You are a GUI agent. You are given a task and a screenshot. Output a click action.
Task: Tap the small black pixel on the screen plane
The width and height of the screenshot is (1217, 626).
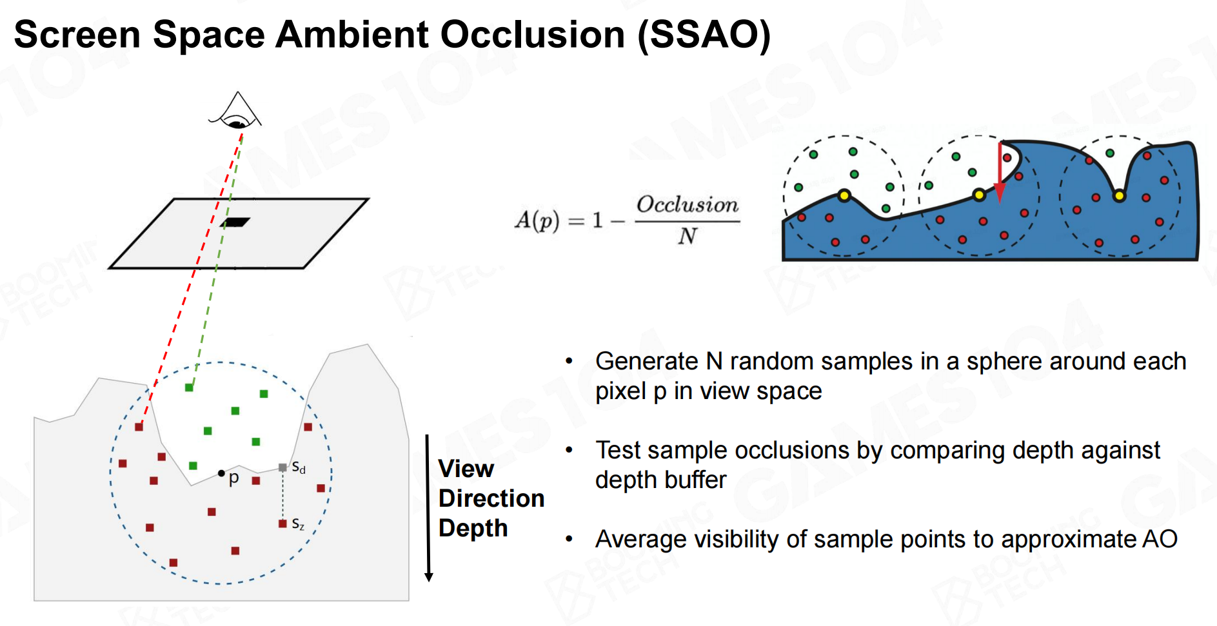point(235,222)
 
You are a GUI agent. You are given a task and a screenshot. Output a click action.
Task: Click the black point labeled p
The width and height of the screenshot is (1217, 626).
point(221,473)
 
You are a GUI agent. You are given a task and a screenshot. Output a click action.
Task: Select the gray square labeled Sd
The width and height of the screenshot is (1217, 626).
point(282,467)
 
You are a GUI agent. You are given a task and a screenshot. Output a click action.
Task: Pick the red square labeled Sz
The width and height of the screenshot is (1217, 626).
point(282,523)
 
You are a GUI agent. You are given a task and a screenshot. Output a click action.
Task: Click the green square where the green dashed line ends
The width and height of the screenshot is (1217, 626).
point(189,387)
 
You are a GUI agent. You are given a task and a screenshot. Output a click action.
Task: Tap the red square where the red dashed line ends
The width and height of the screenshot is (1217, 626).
point(139,427)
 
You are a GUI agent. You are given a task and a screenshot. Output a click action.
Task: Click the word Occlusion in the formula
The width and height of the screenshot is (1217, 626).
point(688,205)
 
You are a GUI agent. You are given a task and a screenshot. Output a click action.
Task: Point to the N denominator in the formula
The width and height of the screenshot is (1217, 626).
point(688,237)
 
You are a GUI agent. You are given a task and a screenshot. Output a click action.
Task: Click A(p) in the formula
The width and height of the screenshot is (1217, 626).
point(537,220)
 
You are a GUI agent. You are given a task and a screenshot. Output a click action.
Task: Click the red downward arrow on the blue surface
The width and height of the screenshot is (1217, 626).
point(1000,174)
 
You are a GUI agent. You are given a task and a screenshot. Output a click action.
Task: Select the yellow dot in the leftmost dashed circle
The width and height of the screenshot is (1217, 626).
point(844,195)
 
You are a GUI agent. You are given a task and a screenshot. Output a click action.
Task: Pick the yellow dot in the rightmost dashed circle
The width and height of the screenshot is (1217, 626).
point(1119,195)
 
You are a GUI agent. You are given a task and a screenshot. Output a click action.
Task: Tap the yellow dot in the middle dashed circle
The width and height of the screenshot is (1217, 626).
point(979,195)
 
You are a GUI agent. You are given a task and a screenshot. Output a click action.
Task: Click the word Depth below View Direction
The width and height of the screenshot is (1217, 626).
point(473,528)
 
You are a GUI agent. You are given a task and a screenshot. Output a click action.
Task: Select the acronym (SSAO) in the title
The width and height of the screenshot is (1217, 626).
point(704,34)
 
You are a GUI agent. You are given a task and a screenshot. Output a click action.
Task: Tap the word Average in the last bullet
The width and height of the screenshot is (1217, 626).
point(644,539)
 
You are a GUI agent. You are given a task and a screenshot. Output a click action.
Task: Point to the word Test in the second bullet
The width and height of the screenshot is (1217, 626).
point(619,450)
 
